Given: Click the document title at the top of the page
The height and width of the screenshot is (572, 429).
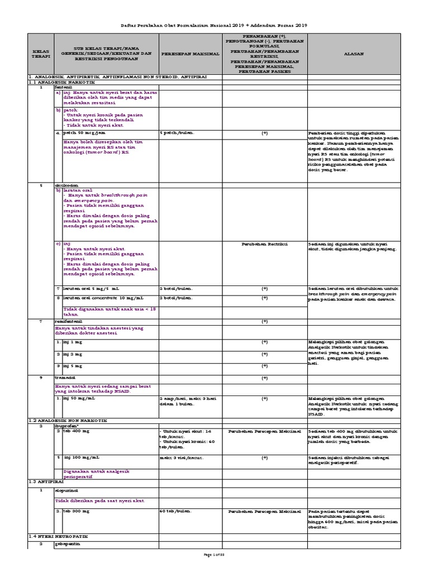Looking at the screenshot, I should point(214,26).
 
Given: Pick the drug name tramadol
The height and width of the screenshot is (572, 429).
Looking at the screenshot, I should point(65,378).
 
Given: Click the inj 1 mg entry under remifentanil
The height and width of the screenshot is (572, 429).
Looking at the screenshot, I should point(70,341).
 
